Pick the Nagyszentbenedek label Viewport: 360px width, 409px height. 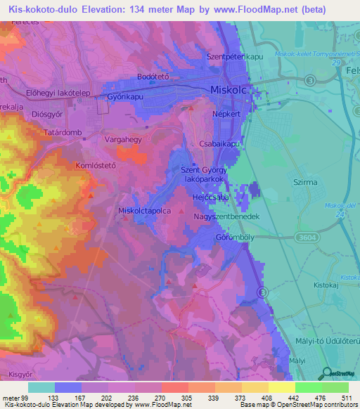pos(226,217)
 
